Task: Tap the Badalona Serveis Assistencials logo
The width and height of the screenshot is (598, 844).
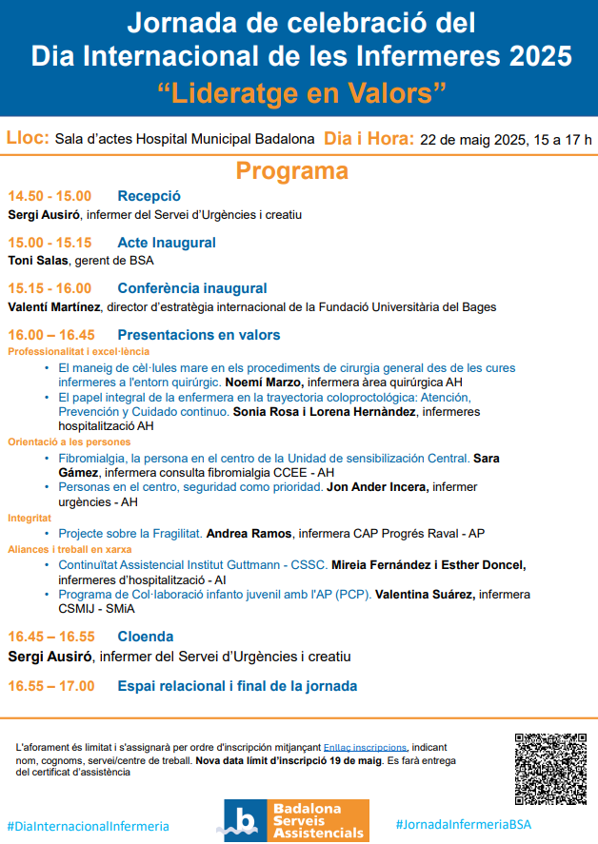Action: click(x=296, y=820)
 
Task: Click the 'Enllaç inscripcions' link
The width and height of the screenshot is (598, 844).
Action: click(x=365, y=748)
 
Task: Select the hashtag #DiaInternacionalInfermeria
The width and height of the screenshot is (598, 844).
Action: click(x=89, y=826)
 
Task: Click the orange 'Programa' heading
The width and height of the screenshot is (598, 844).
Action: click(x=292, y=171)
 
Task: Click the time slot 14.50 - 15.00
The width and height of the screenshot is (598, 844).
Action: click(x=50, y=196)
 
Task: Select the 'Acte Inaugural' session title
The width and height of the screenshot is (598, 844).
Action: click(x=167, y=243)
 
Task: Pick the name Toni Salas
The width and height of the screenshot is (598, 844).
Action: click(x=38, y=260)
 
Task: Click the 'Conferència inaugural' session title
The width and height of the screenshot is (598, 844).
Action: click(x=192, y=288)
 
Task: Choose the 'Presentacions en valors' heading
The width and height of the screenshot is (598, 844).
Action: click(x=199, y=335)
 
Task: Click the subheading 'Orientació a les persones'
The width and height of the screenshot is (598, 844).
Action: click(x=70, y=442)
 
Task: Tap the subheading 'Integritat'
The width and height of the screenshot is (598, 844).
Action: click(x=31, y=519)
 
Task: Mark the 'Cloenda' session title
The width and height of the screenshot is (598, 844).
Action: click(x=146, y=637)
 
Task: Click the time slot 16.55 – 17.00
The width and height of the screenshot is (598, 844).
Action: click(x=51, y=685)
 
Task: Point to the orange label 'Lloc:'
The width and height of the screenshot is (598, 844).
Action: click(x=29, y=138)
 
